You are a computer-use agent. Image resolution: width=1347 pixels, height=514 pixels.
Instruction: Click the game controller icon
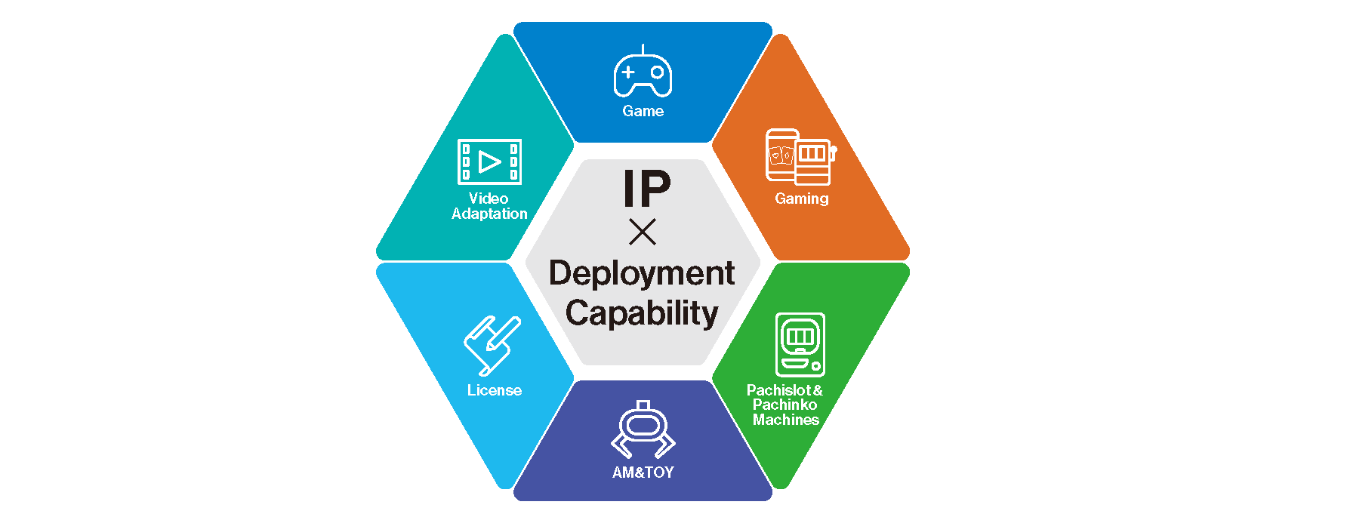point(643,74)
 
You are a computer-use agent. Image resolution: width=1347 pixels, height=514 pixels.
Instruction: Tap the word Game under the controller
point(643,111)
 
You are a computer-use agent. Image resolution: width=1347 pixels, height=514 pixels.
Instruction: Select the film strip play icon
point(489,162)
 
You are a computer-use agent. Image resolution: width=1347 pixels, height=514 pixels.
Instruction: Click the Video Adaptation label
point(489,206)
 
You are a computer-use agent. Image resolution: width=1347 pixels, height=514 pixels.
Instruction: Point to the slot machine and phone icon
point(800,157)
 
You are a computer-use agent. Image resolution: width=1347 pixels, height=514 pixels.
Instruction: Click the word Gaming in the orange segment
point(801,199)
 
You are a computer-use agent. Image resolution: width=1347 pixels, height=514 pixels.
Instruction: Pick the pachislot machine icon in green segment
point(800,344)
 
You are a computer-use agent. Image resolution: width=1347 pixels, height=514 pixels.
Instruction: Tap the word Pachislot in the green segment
point(778,390)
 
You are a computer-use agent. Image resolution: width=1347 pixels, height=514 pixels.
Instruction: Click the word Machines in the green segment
point(785,420)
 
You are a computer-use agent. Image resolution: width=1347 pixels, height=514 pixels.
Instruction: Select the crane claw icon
point(643,430)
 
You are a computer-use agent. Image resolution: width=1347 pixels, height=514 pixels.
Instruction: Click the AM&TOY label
point(643,472)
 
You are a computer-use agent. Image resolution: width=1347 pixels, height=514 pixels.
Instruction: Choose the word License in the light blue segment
point(494,390)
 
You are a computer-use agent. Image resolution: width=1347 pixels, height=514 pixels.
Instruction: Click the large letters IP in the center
point(646,189)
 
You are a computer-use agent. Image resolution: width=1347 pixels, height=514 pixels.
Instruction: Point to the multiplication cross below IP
point(643,232)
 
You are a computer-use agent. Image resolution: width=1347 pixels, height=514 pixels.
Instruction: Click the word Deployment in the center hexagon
point(642,273)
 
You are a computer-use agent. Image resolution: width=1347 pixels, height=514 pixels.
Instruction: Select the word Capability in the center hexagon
point(642,313)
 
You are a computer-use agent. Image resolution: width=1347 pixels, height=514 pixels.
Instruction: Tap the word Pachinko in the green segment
point(784,405)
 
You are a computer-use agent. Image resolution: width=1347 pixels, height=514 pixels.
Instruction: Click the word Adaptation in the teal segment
point(489,214)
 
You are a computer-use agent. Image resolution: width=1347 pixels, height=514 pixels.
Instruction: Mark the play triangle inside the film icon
point(490,162)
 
